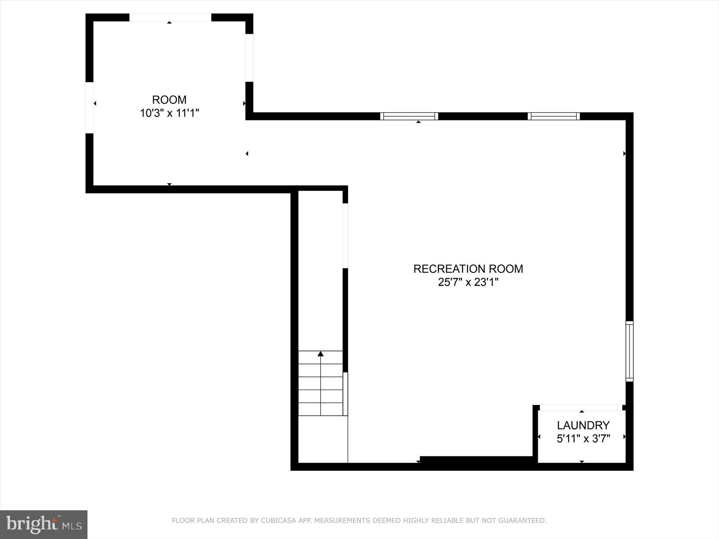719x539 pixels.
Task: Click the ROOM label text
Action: [x=169, y=100]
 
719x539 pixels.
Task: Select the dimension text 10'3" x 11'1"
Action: [x=169, y=113]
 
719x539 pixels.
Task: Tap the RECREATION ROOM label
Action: [x=468, y=269]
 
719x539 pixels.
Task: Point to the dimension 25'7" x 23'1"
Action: [x=468, y=282]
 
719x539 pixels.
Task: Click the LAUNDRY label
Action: [x=583, y=425]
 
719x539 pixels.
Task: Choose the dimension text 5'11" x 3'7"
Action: [x=583, y=439]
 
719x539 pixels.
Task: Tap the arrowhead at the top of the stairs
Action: [x=320, y=354]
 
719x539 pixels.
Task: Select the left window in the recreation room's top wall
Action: [x=409, y=116]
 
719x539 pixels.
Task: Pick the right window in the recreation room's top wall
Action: [x=553, y=116]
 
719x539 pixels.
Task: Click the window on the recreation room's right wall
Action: [x=629, y=351]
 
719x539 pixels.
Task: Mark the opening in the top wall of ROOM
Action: [x=170, y=18]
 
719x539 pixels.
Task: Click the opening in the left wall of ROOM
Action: [x=89, y=107]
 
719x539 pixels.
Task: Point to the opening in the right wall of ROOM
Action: [x=249, y=58]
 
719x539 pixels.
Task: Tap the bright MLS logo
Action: [x=44, y=524]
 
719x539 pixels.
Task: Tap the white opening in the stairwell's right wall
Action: [x=345, y=236]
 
